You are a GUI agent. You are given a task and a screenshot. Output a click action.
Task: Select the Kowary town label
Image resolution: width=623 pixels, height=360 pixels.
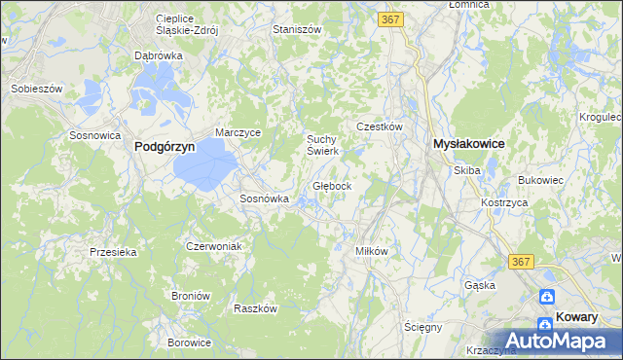click(583, 316)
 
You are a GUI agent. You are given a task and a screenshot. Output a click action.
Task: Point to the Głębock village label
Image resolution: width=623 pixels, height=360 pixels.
click(339, 185)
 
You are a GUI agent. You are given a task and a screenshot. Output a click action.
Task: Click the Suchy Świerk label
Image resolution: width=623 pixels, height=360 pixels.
click(322, 144)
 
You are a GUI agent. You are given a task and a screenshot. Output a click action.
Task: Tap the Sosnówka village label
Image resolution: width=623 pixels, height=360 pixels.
click(265, 198)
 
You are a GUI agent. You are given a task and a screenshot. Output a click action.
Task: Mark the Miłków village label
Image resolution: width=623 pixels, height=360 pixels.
click(372, 251)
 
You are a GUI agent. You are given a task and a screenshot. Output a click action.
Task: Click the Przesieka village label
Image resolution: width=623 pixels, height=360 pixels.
click(113, 251)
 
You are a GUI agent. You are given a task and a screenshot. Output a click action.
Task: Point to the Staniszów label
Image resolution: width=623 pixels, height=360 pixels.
click(298, 30)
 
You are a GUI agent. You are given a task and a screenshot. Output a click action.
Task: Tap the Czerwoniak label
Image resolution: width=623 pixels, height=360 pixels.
click(213, 246)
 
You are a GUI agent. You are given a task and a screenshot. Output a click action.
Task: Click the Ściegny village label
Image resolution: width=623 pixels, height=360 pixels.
click(423, 327)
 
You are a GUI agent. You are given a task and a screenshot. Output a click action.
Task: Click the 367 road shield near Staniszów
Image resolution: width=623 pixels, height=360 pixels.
click(392, 19)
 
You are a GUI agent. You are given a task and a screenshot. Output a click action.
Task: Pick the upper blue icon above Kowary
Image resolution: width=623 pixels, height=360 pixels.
click(548, 298)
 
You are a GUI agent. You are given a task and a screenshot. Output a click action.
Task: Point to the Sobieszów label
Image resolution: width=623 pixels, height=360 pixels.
click(36, 89)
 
